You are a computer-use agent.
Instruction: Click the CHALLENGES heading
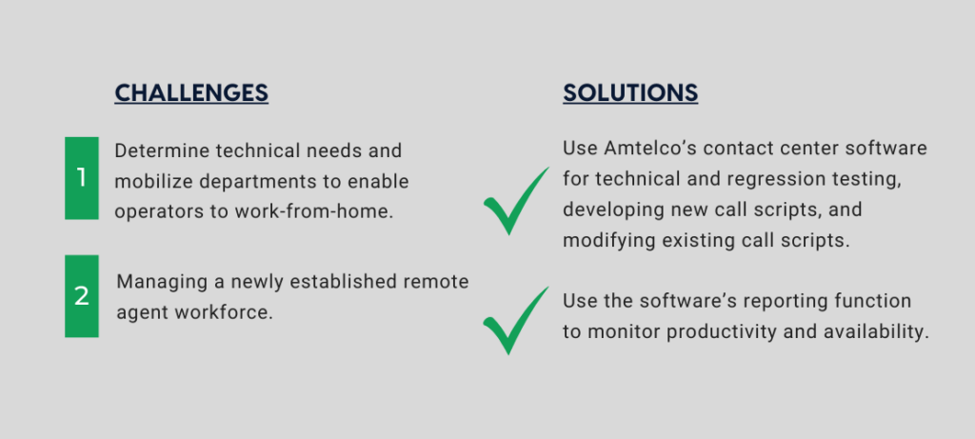pos(191,92)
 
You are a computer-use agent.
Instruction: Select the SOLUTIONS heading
pos(630,92)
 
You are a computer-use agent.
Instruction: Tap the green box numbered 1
pos(82,178)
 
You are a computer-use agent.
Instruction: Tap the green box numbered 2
pos(82,296)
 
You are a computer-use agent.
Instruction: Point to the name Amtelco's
pos(649,148)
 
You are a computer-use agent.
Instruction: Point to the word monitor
pos(624,331)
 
